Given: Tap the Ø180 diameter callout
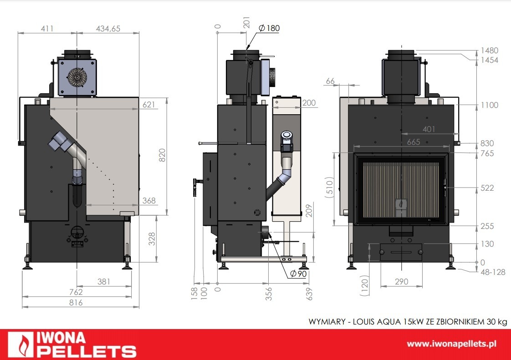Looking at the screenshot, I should click(269, 28).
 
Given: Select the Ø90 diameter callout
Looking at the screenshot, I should click(298, 274).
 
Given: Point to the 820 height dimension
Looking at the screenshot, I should click(162, 155).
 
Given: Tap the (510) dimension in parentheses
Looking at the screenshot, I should click(332, 188).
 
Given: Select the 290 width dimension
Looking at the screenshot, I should click(401, 282).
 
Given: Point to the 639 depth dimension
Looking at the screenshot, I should click(310, 294).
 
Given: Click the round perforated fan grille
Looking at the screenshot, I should click(77, 77).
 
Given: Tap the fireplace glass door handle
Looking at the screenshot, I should click(445, 187).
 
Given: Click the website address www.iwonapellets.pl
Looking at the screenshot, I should click(451, 344).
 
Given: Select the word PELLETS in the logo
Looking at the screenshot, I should click(87, 351).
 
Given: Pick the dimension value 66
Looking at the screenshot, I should click(330, 81).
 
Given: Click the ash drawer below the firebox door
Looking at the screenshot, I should click(401, 252).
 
